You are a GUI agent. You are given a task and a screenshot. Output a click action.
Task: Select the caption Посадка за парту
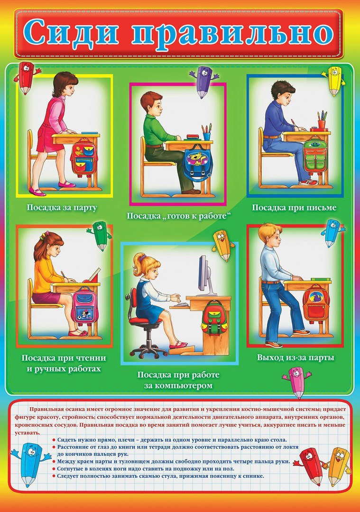click(62, 208)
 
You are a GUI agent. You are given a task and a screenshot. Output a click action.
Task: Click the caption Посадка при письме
click(294, 208)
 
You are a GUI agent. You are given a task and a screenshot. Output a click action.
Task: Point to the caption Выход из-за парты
click(295, 357)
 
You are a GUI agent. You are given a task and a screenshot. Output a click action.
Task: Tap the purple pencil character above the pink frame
click(204, 82)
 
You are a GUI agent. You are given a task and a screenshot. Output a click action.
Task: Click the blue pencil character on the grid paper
click(30, 464)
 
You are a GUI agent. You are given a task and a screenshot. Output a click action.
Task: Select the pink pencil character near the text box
click(297, 383)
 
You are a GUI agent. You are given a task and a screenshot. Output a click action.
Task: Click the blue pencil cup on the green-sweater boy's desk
click(206, 136)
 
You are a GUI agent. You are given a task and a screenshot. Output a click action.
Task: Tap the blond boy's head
click(270, 235)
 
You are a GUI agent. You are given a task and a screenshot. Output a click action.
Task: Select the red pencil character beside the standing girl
click(26, 77)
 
